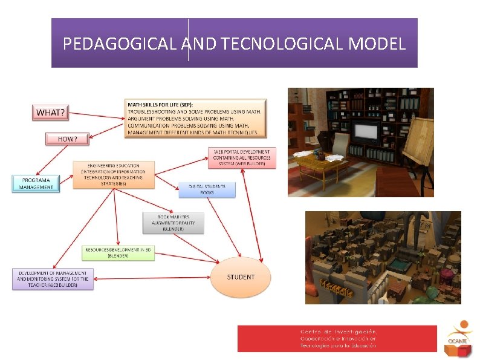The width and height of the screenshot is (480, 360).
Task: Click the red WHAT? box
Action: (51, 113)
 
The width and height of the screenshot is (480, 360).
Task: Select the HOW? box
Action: (67, 139)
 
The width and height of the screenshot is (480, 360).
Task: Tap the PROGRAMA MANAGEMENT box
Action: (36, 183)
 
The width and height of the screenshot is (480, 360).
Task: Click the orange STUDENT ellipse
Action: (241, 277)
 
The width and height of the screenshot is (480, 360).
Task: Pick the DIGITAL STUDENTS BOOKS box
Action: (207, 189)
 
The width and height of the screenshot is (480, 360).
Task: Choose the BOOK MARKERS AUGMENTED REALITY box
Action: (174, 223)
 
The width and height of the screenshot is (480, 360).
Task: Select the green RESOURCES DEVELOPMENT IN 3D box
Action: (118, 253)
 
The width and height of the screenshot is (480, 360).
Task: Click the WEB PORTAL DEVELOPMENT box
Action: (242, 159)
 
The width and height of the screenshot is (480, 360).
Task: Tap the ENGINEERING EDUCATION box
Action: (113, 174)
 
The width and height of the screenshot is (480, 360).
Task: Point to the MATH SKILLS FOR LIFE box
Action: (195, 118)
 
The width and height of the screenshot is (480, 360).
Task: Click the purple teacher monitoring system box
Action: (53, 279)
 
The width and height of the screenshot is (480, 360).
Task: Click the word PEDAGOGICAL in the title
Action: (120, 44)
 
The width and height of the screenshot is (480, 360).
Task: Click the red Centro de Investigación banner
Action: (337, 338)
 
